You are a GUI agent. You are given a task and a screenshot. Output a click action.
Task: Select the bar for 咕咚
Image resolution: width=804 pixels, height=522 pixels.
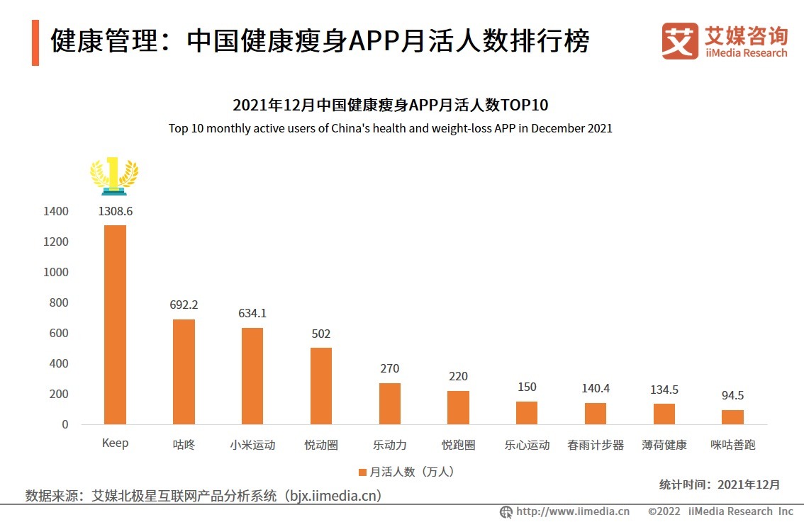(x=184, y=371)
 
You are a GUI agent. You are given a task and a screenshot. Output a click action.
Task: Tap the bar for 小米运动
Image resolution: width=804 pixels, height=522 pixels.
(x=252, y=375)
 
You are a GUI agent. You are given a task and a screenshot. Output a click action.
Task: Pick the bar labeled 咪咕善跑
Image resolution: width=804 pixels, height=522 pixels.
(x=732, y=416)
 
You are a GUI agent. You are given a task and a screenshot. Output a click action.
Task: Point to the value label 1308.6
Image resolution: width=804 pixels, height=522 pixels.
(x=115, y=211)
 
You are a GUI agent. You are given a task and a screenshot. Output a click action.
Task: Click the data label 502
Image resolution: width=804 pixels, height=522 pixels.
(x=320, y=334)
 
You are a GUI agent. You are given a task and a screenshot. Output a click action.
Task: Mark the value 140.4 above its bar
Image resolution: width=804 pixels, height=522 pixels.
(x=596, y=388)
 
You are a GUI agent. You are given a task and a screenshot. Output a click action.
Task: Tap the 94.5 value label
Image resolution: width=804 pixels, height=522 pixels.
(x=732, y=395)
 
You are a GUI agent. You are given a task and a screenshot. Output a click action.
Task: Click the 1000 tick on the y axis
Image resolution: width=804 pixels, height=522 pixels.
(x=55, y=273)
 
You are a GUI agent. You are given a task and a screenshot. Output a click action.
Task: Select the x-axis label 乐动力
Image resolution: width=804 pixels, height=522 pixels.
(x=389, y=446)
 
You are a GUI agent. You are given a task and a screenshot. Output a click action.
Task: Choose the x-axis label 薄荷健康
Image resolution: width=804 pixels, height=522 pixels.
(x=664, y=446)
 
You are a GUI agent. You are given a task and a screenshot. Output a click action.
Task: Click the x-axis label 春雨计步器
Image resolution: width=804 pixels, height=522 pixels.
(x=596, y=446)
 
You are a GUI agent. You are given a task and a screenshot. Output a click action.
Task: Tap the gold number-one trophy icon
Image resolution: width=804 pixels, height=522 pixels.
(x=114, y=176)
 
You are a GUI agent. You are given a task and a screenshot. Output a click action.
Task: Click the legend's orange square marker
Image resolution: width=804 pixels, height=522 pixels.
(x=362, y=472)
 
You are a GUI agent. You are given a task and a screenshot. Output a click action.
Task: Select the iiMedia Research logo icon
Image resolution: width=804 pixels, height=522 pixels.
(x=680, y=41)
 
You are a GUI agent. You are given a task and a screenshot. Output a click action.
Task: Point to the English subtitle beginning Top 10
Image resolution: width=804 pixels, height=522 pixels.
(x=390, y=129)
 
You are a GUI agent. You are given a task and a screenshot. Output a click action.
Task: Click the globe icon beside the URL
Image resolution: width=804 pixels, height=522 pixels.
(x=506, y=511)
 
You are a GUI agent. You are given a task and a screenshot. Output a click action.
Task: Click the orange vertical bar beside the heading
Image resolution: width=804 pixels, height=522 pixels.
(x=35, y=43)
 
